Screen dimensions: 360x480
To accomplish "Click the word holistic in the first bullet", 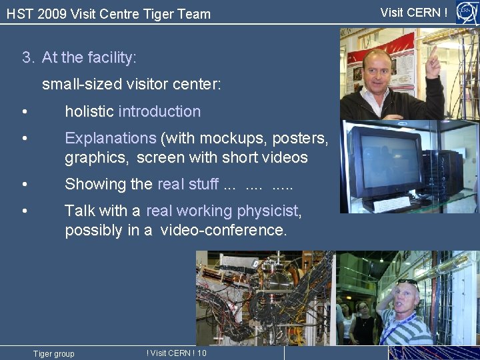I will click(x=89, y=111).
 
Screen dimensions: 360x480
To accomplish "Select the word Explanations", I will click(x=110, y=138).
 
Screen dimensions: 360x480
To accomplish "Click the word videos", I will click(x=288, y=157).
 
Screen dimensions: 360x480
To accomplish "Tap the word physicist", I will click(x=266, y=211).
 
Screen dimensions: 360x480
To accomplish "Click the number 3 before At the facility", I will click(x=27, y=58).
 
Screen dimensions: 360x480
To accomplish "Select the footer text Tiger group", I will click(x=54, y=353).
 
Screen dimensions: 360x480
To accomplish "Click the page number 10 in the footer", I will click(x=202, y=353).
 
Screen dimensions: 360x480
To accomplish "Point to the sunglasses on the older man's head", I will click(x=407, y=282).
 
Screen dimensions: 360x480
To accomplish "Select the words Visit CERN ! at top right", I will click(x=414, y=12).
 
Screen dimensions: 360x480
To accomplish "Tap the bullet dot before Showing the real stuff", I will click(x=24, y=184).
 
